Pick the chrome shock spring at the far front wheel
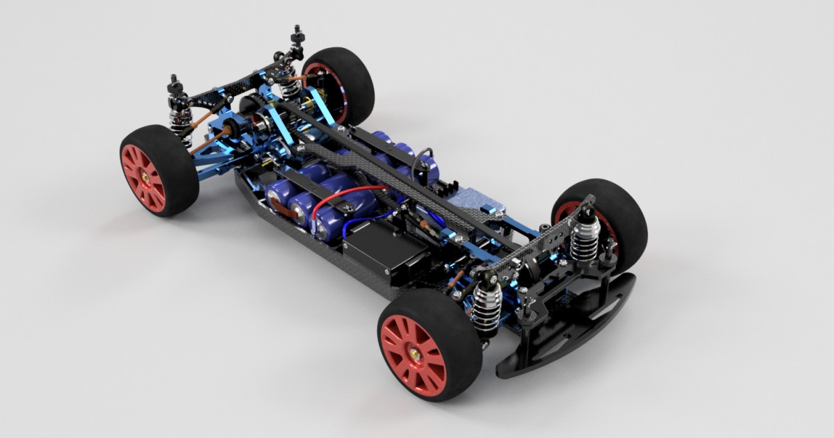pyautogui.click(x=584, y=236)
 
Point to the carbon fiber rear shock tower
pyautogui.click(x=229, y=88)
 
